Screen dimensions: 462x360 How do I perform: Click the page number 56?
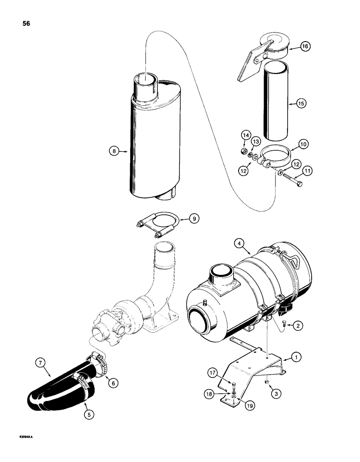pyautogui.click(x=24, y=24)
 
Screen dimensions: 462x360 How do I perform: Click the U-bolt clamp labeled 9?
pyautogui.click(x=157, y=220)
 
